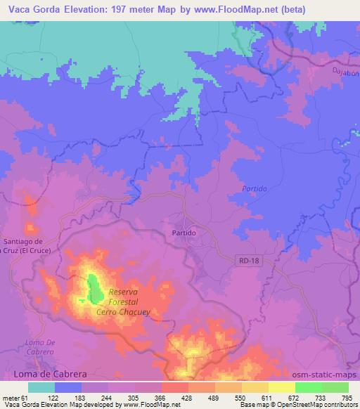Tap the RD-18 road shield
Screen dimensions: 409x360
tap(243, 261)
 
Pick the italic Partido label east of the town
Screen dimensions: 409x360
tap(254, 189)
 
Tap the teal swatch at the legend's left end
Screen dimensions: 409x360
tap(41, 387)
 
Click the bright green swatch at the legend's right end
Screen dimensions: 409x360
tap(335, 387)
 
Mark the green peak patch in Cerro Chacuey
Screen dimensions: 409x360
tap(93, 288)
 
